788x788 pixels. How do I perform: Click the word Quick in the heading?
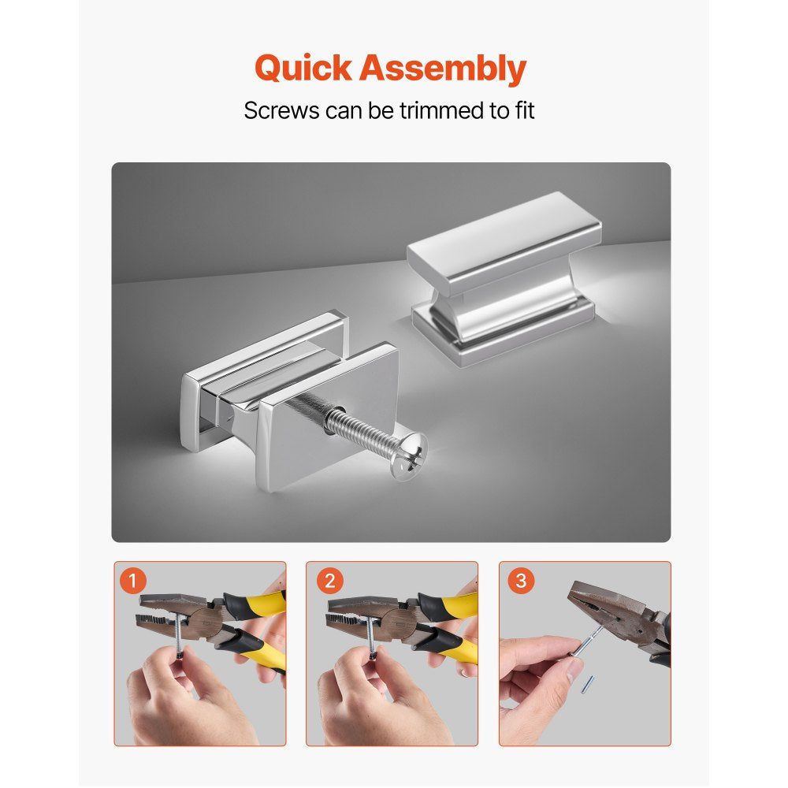coord(303,69)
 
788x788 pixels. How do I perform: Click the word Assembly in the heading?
coord(443,69)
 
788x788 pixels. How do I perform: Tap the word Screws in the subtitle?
coord(281,110)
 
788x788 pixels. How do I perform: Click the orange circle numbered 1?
coord(132,581)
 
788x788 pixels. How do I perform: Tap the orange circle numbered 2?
coord(329,581)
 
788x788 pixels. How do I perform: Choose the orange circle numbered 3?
coord(521,581)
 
